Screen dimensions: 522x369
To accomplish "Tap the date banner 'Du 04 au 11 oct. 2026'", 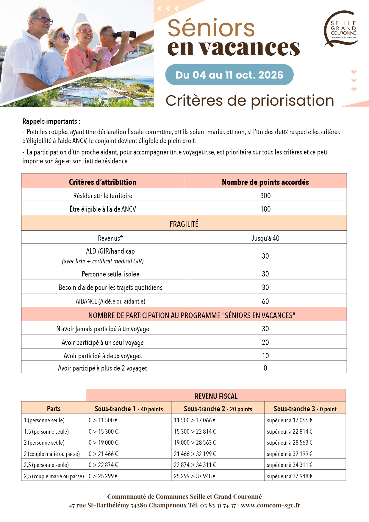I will coord(229,75).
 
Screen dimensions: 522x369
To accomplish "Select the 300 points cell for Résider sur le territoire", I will coord(265,196).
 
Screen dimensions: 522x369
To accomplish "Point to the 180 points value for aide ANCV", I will coord(265,209).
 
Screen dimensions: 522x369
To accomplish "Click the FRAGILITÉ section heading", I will coord(184,224).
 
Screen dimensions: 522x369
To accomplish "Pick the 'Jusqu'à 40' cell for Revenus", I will coord(265,238).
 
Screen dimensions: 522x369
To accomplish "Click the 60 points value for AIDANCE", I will coord(265,301).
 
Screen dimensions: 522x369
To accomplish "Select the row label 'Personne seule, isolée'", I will coord(110,274).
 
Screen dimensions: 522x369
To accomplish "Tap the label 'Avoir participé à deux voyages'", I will coord(103,356).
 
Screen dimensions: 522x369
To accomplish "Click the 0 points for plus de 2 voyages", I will coord(265,368).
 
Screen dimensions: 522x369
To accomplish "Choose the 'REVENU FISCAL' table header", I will coord(216,396).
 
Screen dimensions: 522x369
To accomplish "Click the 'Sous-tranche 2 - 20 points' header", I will coord(218,409).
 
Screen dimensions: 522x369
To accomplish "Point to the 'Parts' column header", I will coord(54,409).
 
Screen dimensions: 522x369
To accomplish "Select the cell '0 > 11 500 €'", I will coord(103,420).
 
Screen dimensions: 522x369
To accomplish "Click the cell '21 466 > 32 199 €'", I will coord(195,454).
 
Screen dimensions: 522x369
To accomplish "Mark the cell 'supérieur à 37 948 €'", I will coord(290,476).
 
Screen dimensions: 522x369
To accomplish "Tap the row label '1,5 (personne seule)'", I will coord(46,432).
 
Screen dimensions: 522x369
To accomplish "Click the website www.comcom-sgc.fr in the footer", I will coord(271,505).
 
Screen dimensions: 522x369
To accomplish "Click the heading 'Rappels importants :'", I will coord(51,121).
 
